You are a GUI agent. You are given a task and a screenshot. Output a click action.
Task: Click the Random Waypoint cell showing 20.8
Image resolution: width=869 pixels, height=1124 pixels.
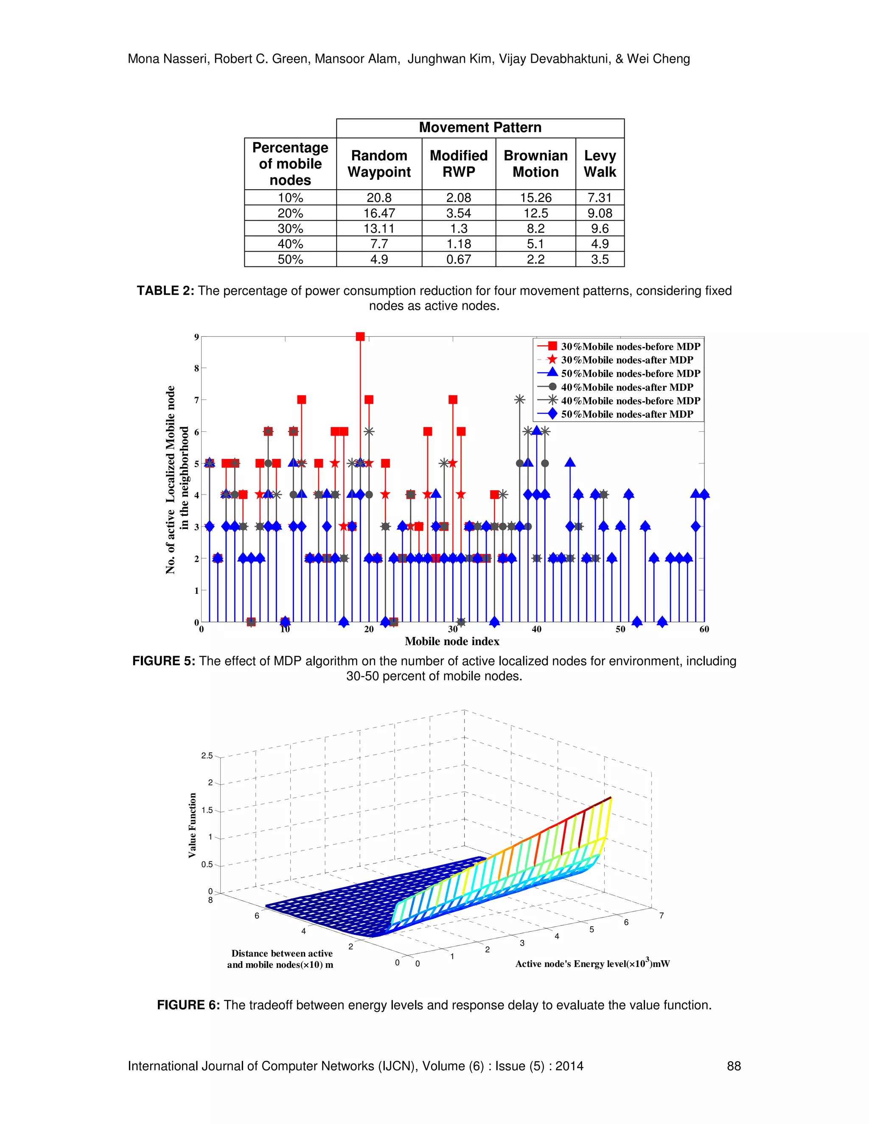tap(379, 198)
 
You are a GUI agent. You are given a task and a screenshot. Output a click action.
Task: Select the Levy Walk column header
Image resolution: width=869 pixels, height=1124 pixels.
tap(600, 164)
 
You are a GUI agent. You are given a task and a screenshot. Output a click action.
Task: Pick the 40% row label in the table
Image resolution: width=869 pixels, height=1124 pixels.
tap(290, 244)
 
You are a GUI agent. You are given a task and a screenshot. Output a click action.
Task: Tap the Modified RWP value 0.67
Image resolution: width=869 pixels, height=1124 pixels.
tap(459, 260)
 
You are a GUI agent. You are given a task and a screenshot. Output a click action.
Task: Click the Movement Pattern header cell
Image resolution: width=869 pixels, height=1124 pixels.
tap(480, 128)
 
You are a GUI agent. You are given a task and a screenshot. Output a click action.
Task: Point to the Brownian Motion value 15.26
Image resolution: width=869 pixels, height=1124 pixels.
tap(535, 198)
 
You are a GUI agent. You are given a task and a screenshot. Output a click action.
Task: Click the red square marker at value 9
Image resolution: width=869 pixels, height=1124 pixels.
tap(360, 337)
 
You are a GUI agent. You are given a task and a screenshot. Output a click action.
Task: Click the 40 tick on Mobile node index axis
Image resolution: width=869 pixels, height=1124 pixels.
tap(536, 629)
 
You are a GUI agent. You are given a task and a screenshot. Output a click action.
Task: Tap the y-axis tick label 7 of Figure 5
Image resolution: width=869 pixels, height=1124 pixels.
tap(196, 400)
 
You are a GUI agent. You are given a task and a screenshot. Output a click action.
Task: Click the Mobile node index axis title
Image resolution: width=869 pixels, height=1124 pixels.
tap(451, 641)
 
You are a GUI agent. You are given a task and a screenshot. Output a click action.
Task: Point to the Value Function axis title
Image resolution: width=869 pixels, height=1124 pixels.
tap(193, 825)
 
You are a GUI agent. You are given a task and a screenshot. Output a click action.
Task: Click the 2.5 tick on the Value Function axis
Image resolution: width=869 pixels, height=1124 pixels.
tap(207, 755)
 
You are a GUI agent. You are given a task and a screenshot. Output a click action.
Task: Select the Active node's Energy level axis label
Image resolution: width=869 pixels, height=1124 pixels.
tap(592, 964)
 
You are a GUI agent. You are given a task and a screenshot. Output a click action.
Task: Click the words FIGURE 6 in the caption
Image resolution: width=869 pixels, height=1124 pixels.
tap(188, 1006)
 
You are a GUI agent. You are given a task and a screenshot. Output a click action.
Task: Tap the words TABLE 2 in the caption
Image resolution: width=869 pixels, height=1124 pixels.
tap(165, 291)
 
